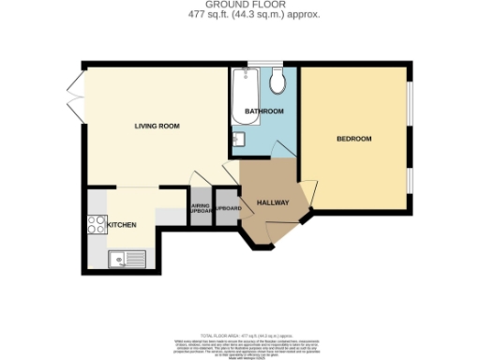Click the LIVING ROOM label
pos(157,126)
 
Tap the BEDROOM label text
pos(354,139)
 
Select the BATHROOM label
pos(263,112)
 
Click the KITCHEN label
pos(122,225)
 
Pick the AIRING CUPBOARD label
pos(200,209)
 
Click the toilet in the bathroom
pos(278,82)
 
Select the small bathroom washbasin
pos(236,141)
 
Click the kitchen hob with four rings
pos(95,224)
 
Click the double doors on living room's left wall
pos(75,97)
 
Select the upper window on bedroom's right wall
pos(410,103)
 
